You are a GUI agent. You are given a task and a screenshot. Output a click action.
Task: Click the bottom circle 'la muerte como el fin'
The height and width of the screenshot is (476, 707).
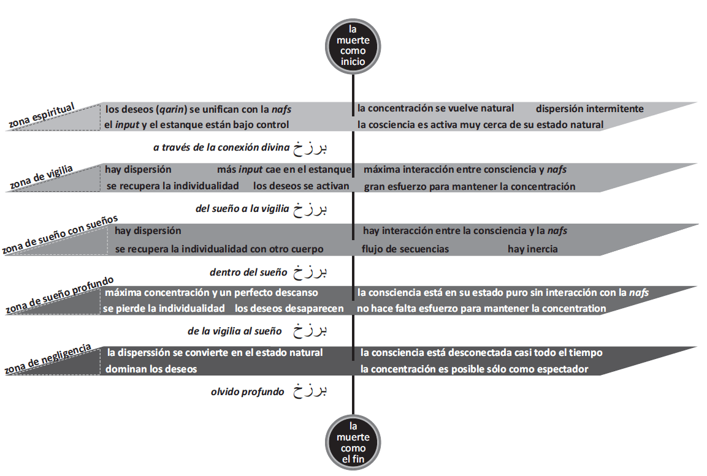353,442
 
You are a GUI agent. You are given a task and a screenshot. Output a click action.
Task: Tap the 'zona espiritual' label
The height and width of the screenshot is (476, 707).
42,116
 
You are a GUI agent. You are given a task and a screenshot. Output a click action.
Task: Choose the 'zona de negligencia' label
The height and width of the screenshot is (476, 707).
48,360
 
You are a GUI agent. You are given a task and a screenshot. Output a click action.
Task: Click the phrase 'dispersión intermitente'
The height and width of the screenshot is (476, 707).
589,109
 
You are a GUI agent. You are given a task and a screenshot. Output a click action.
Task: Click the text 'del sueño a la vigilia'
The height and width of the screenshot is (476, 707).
242,209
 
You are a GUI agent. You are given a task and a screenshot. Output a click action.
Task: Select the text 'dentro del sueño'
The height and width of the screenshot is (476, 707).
248,270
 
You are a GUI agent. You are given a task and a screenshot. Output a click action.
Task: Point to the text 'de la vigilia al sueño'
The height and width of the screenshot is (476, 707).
235,331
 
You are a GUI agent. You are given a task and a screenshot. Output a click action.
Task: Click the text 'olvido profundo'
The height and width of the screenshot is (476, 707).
247,391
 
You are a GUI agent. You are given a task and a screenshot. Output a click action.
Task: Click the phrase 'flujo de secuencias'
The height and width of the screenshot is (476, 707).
405,249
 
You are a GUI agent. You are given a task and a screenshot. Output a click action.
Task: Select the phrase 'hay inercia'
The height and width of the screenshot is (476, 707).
532,249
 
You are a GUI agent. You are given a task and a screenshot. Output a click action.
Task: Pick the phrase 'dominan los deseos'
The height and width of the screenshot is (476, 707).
151,369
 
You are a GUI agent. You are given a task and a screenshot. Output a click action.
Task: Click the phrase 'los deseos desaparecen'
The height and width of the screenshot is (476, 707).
289,308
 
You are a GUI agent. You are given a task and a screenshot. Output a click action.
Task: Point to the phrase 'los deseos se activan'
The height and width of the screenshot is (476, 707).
301,186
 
